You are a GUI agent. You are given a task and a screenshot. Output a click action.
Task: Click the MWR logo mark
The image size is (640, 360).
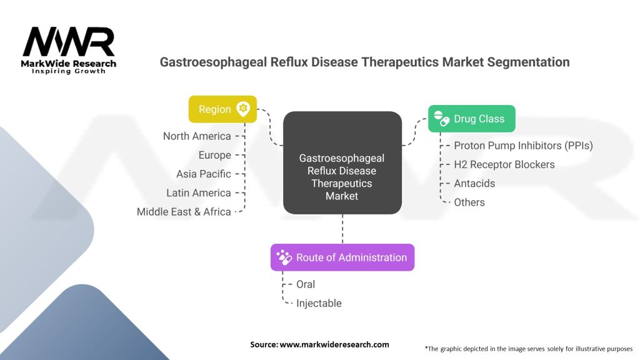coord(69,42)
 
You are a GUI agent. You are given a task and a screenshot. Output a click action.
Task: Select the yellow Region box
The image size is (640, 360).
coord(222,109)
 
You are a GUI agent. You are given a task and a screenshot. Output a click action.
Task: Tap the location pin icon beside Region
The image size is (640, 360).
coord(243,109)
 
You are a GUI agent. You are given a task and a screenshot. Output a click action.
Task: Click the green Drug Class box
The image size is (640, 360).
coord(471,119)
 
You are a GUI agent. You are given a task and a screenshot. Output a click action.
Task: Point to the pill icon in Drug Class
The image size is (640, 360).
coord(442,118)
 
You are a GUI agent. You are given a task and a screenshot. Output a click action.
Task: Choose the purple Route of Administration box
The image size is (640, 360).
coord(342,257)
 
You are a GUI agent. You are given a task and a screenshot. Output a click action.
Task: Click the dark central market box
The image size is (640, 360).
coord(342,162)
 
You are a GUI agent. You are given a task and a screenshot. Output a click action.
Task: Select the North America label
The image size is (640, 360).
coord(197,136)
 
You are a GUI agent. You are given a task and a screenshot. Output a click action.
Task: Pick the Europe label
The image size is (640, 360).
coord(215,155)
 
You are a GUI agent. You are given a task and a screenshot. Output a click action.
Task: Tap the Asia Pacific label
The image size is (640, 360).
coord(204,174)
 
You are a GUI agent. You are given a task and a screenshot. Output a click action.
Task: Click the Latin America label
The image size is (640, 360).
coord(198,192)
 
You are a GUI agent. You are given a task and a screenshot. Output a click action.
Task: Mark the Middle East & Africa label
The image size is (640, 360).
coord(184,212)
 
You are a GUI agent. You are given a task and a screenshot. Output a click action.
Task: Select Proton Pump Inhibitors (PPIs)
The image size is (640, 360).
coord(523,146)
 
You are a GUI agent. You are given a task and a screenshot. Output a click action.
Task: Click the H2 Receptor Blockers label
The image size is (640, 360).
coord(504,164)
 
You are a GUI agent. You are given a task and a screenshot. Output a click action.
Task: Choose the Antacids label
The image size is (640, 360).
coord(474,183)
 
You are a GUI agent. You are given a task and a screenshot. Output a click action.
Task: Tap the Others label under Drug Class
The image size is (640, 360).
coord(469,202)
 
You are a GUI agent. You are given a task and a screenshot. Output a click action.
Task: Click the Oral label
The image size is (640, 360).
coord(305,284)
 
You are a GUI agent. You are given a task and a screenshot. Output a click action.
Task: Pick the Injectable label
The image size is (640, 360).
coord(319,303)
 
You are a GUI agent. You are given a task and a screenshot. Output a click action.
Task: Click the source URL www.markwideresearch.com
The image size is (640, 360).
coord(334,344)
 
